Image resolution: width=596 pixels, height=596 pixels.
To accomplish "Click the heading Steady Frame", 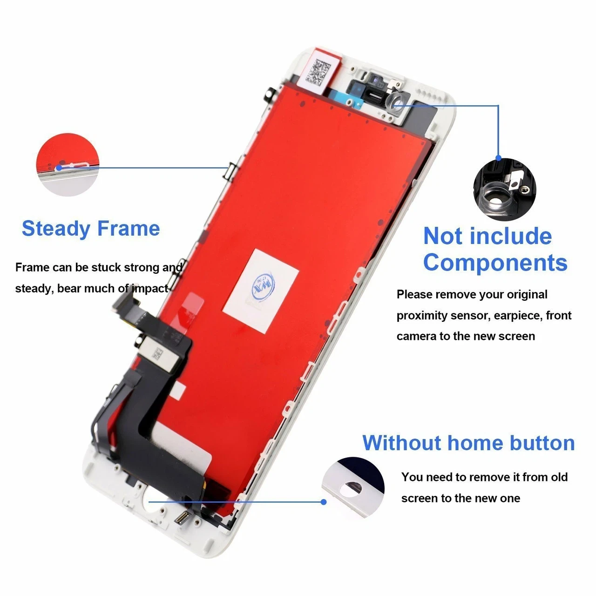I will [x=91, y=229].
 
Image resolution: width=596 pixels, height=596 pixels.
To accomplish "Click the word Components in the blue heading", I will [x=495, y=263].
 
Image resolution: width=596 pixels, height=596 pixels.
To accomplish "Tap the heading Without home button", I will [x=468, y=443].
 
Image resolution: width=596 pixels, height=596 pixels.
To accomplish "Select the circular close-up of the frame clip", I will [x=68, y=164].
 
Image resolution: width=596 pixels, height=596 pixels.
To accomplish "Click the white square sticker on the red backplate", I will [x=261, y=291].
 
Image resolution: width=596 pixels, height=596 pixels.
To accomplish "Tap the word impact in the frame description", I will [x=149, y=289].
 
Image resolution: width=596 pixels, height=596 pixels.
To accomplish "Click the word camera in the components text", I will [x=416, y=336].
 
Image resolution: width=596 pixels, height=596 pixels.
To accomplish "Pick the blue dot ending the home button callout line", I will [x=324, y=501].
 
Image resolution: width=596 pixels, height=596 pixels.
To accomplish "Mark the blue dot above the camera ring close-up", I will [x=499, y=158].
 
